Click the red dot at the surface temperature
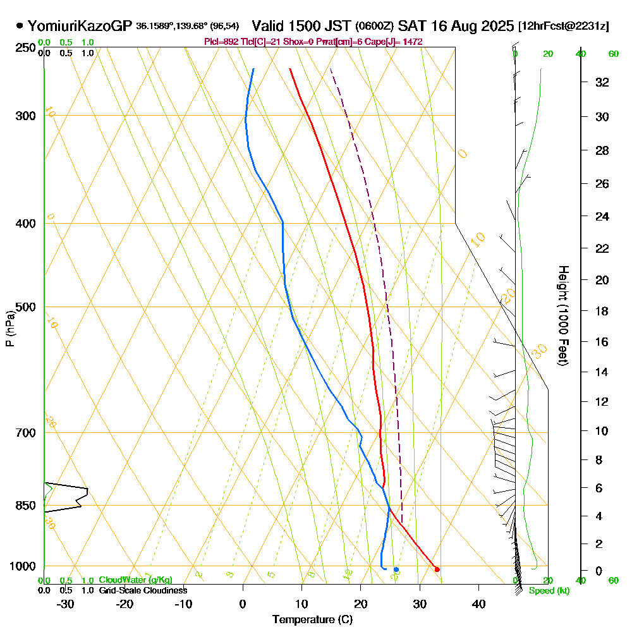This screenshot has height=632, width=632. [437, 569]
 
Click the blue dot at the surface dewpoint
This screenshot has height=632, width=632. [396, 569]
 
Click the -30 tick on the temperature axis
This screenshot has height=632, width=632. [66, 604]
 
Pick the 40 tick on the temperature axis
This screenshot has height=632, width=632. [478, 604]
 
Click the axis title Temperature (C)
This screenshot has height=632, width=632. [312, 620]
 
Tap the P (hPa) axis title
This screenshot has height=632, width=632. [9, 328]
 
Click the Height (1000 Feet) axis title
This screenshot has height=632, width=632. [562, 315]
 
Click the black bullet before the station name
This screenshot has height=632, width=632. [20, 26]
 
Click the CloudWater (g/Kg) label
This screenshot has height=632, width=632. [135, 580]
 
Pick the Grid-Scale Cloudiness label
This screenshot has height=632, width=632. [143, 590]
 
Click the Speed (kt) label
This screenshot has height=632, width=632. [549, 591]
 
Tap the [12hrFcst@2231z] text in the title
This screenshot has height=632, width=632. [563, 27]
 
